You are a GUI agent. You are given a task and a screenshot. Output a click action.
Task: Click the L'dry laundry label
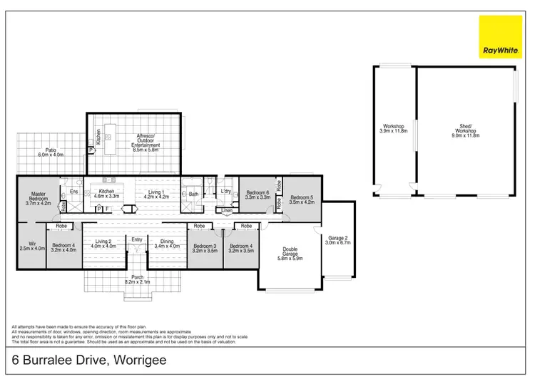point(226,192)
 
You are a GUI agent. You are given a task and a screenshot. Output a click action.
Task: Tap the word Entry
point(137,239)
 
